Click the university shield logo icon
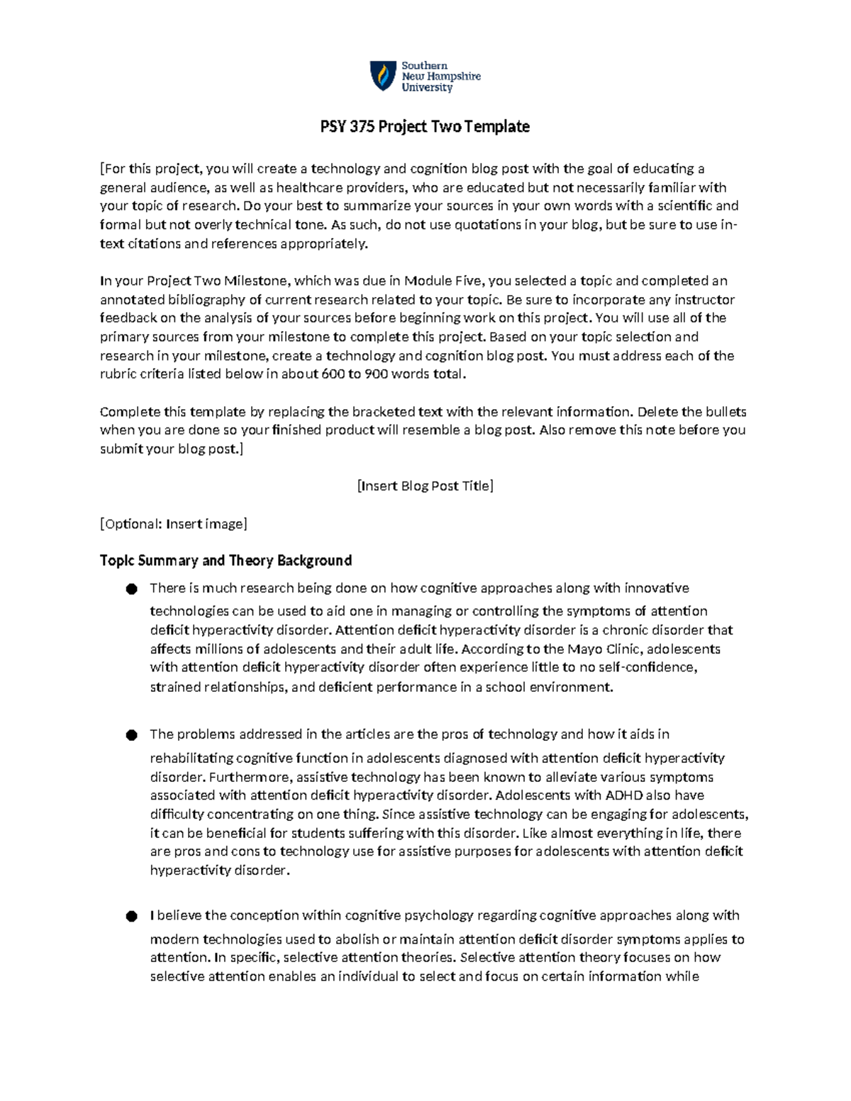click(x=383, y=76)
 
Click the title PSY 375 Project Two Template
click(x=425, y=127)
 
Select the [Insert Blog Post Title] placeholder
click(x=425, y=486)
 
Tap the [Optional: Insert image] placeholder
click(x=174, y=524)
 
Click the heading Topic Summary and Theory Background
click(x=226, y=561)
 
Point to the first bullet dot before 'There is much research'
click(x=131, y=589)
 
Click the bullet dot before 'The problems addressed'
click(x=131, y=735)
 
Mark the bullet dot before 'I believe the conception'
click(x=131, y=917)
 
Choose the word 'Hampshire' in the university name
click(x=451, y=77)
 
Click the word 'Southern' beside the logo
click(x=424, y=65)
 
